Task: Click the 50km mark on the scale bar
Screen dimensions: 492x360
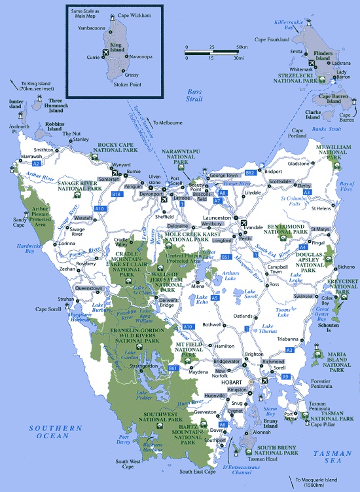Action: click(x=242, y=47)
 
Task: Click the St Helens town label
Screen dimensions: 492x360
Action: click(x=321, y=209)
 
